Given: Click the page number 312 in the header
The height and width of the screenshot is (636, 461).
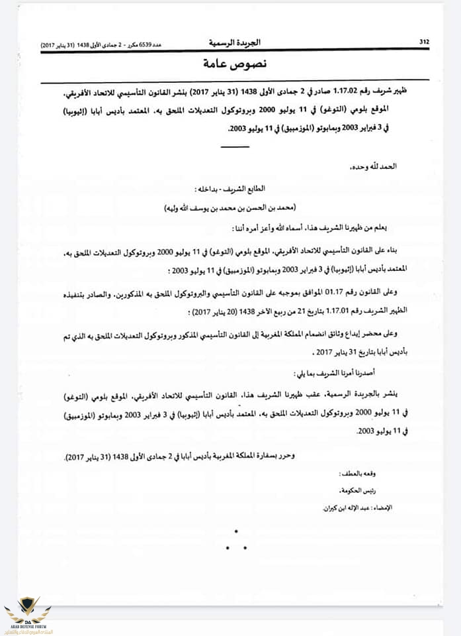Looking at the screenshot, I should tap(424, 42).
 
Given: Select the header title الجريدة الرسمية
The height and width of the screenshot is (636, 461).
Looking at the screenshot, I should tap(235, 42).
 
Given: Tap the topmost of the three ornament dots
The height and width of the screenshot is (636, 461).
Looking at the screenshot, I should tap(236, 530).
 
